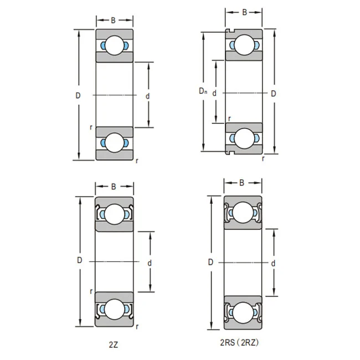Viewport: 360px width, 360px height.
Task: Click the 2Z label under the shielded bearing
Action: coord(114,344)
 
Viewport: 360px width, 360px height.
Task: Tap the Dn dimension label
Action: coord(203,91)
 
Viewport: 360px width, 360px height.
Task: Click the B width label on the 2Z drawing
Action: coord(114,187)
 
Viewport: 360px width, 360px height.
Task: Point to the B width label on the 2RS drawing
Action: coord(242,183)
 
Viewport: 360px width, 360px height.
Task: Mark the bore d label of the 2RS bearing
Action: coord(273,264)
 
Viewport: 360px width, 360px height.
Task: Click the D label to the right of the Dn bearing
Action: coord(273,93)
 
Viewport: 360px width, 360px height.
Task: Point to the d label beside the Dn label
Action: coord(214,93)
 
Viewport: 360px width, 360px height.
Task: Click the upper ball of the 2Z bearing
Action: coord(114,213)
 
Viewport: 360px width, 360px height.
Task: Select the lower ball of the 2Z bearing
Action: coord(114,308)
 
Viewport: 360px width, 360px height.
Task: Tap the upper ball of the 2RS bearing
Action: coord(243,213)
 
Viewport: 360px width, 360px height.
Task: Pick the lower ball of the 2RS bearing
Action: coord(243,313)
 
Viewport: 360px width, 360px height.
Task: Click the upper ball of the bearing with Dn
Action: coord(244,44)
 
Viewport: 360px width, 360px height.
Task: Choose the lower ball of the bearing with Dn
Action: coord(244,138)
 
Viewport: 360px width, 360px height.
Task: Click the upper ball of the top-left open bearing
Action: coord(115,46)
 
